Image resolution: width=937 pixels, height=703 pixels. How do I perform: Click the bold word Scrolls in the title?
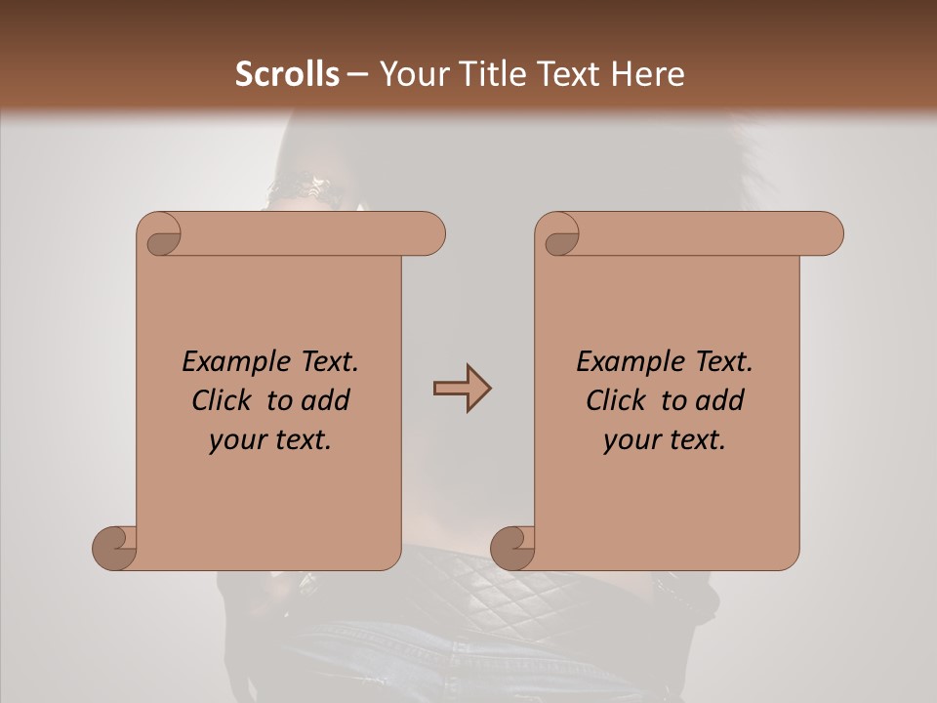pyautogui.click(x=288, y=74)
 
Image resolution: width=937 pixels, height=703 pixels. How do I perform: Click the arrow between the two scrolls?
pyautogui.click(x=462, y=389)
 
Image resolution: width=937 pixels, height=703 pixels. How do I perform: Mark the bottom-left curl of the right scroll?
pyautogui.click(x=513, y=547)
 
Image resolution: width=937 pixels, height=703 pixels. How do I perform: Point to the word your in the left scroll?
pyautogui.click(x=235, y=440)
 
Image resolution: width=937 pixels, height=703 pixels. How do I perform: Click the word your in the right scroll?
pyautogui.click(x=630, y=440)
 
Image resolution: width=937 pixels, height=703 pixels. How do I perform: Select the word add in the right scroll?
pyautogui.click(x=719, y=400)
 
